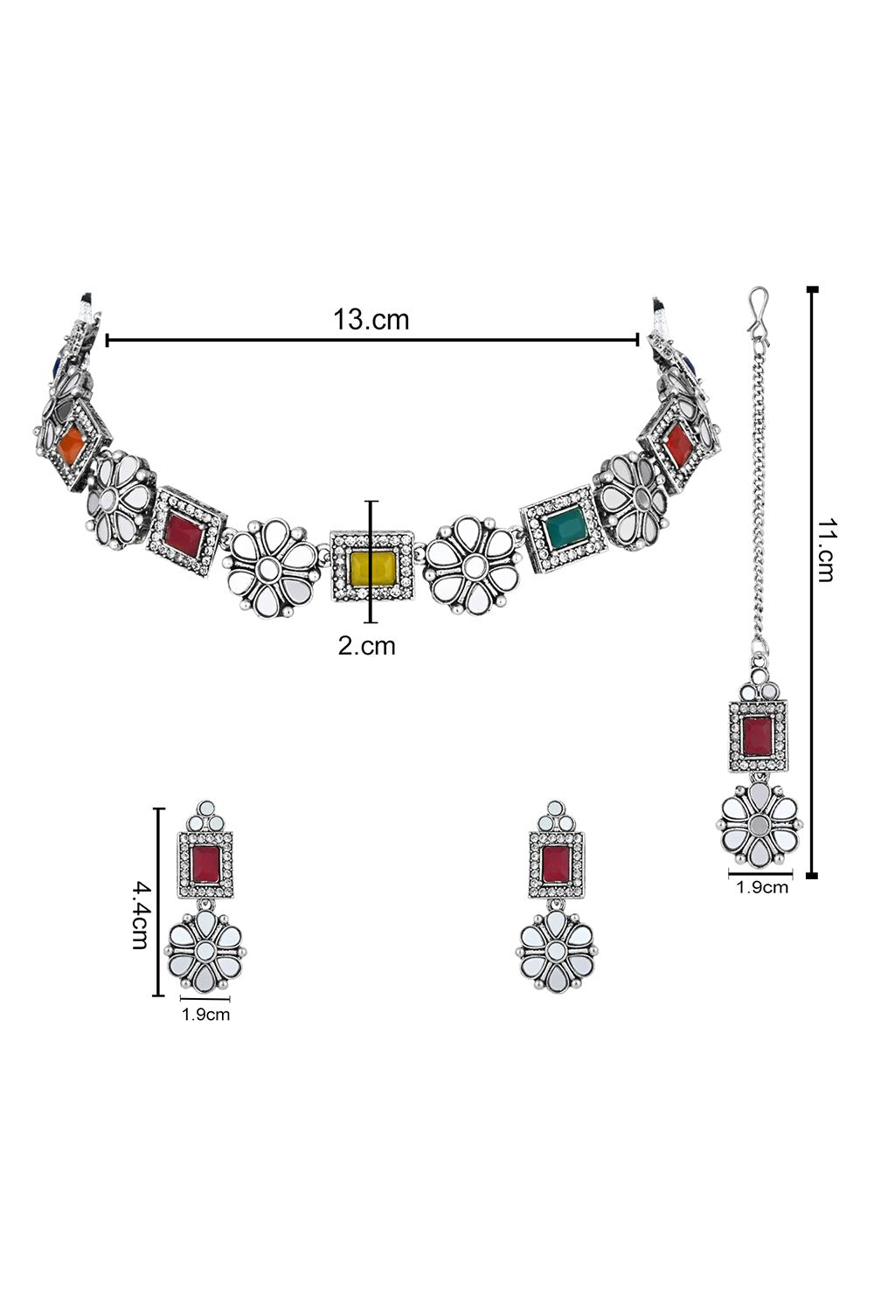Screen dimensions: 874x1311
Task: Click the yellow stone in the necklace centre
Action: (373, 566)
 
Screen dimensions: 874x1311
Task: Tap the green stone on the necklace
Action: (563, 527)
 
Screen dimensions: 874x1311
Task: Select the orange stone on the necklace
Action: (72, 444)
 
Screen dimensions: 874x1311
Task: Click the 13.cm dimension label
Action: (371, 320)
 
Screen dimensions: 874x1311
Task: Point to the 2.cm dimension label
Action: (366, 646)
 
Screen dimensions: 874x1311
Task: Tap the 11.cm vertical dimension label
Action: (825, 550)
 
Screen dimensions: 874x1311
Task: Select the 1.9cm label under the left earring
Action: (205, 1014)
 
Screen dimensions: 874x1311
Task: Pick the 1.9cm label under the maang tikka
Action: (761, 888)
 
